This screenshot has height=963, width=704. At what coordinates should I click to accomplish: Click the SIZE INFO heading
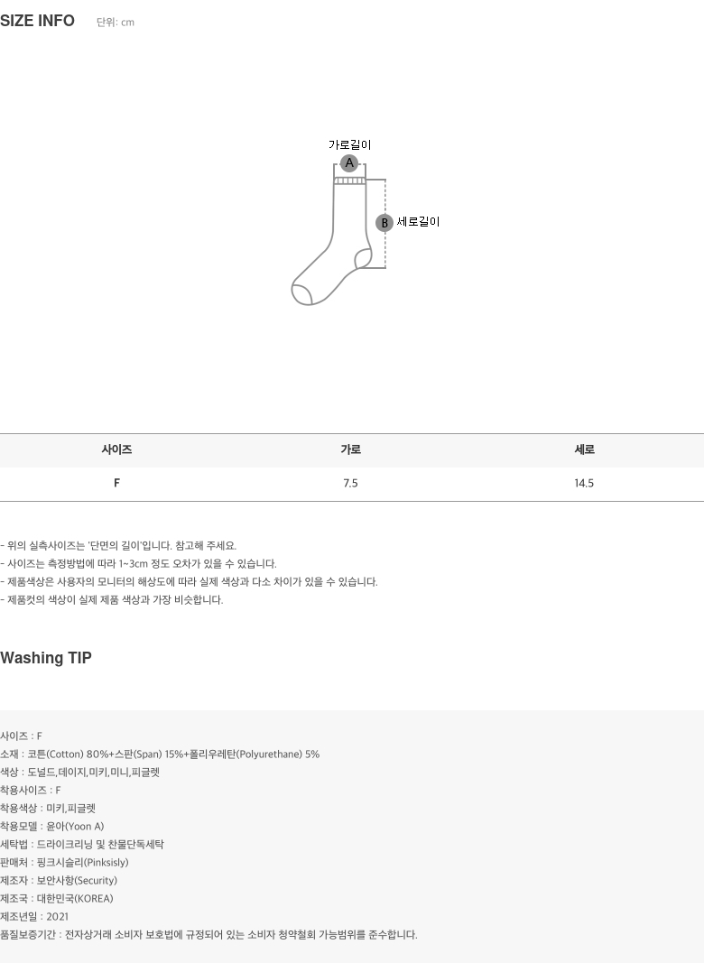tap(38, 21)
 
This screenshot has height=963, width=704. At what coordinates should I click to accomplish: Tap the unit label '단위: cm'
tap(116, 22)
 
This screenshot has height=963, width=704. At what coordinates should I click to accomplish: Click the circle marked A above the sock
tap(349, 163)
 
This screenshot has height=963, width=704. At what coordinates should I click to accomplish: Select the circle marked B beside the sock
tap(384, 222)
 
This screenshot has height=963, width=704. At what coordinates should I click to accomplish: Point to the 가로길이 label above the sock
tap(350, 145)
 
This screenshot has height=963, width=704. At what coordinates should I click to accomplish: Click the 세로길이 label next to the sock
tap(419, 222)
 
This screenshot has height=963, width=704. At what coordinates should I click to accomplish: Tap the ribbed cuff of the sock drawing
tap(349, 181)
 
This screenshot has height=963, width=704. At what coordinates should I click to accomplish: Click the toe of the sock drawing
tap(301, 294)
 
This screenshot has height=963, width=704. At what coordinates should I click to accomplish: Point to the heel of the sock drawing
tap(363, 259)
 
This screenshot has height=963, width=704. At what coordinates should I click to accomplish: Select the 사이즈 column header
tap(116, 449)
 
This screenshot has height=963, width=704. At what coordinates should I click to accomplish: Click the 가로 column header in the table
tap(351, 449)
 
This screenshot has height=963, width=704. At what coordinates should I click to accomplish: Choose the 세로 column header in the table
tap(584, 449)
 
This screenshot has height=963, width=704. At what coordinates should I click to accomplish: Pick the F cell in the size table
tap(116, 484)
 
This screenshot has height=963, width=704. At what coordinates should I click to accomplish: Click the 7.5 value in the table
tap(351, 484)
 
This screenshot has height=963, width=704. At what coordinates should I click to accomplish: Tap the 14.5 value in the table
tap(584, 484)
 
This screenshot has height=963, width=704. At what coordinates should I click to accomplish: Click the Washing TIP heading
tap(46, 658)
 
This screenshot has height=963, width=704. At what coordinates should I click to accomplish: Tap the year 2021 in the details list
tap(57, 917)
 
